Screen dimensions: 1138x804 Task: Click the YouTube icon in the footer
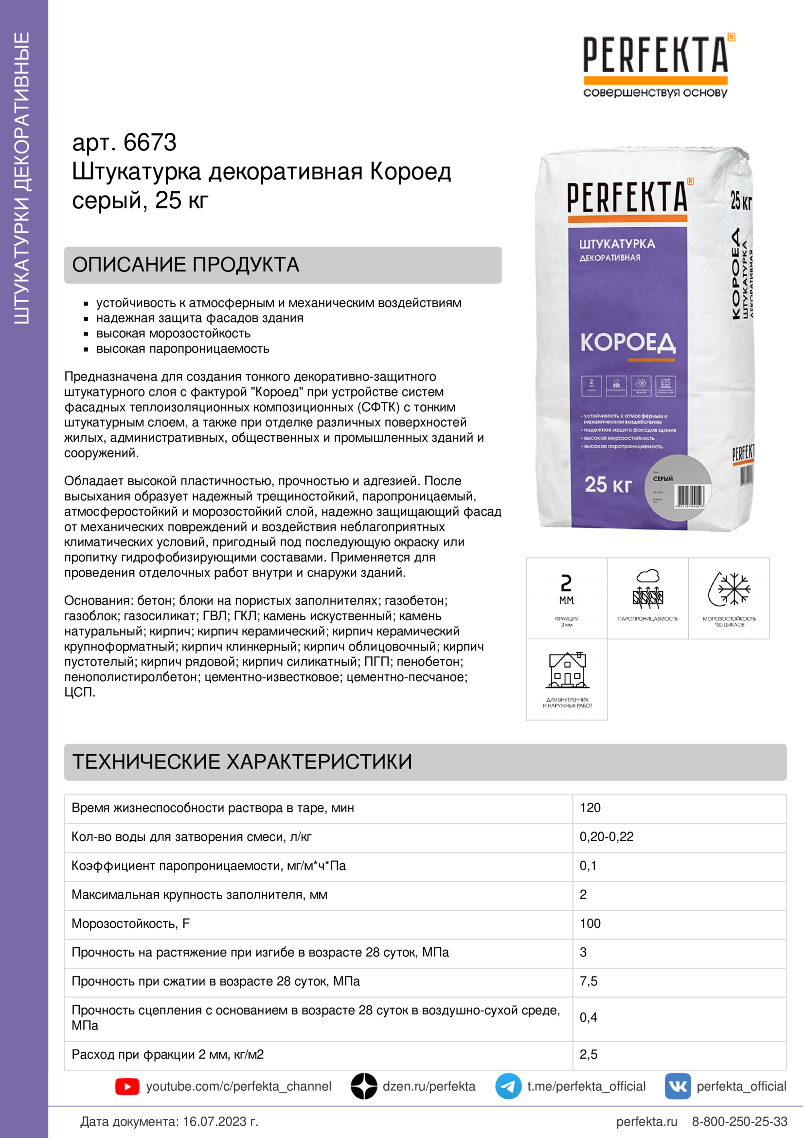(127, 1086)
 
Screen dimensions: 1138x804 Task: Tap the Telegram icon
(508, 1086)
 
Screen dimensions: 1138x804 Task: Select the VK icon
(677, 1086)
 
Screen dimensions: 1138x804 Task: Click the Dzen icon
(364, 1086)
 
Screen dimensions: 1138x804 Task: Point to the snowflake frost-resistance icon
(729, 590)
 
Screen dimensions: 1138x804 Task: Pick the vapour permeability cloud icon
(647, 589)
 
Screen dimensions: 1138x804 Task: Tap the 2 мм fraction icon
(566, 589)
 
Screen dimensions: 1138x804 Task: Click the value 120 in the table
(590, 808)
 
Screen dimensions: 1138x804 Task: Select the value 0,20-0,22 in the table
(607, 837)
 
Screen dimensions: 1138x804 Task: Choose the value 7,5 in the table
(589, 981)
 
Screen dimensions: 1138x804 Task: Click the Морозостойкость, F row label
(131, 923)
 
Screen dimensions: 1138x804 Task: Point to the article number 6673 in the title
(150, 143)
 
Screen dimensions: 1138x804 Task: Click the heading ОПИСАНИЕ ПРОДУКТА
(186, 265)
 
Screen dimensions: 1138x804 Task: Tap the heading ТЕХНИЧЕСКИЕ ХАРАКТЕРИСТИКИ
(242, 762)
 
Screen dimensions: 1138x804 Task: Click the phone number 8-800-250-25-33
(739, 1121)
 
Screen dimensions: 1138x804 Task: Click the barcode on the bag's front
(690, 496)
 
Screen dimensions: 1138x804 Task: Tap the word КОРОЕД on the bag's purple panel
(627, 343)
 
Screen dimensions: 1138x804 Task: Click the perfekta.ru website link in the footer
(646, 1121)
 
